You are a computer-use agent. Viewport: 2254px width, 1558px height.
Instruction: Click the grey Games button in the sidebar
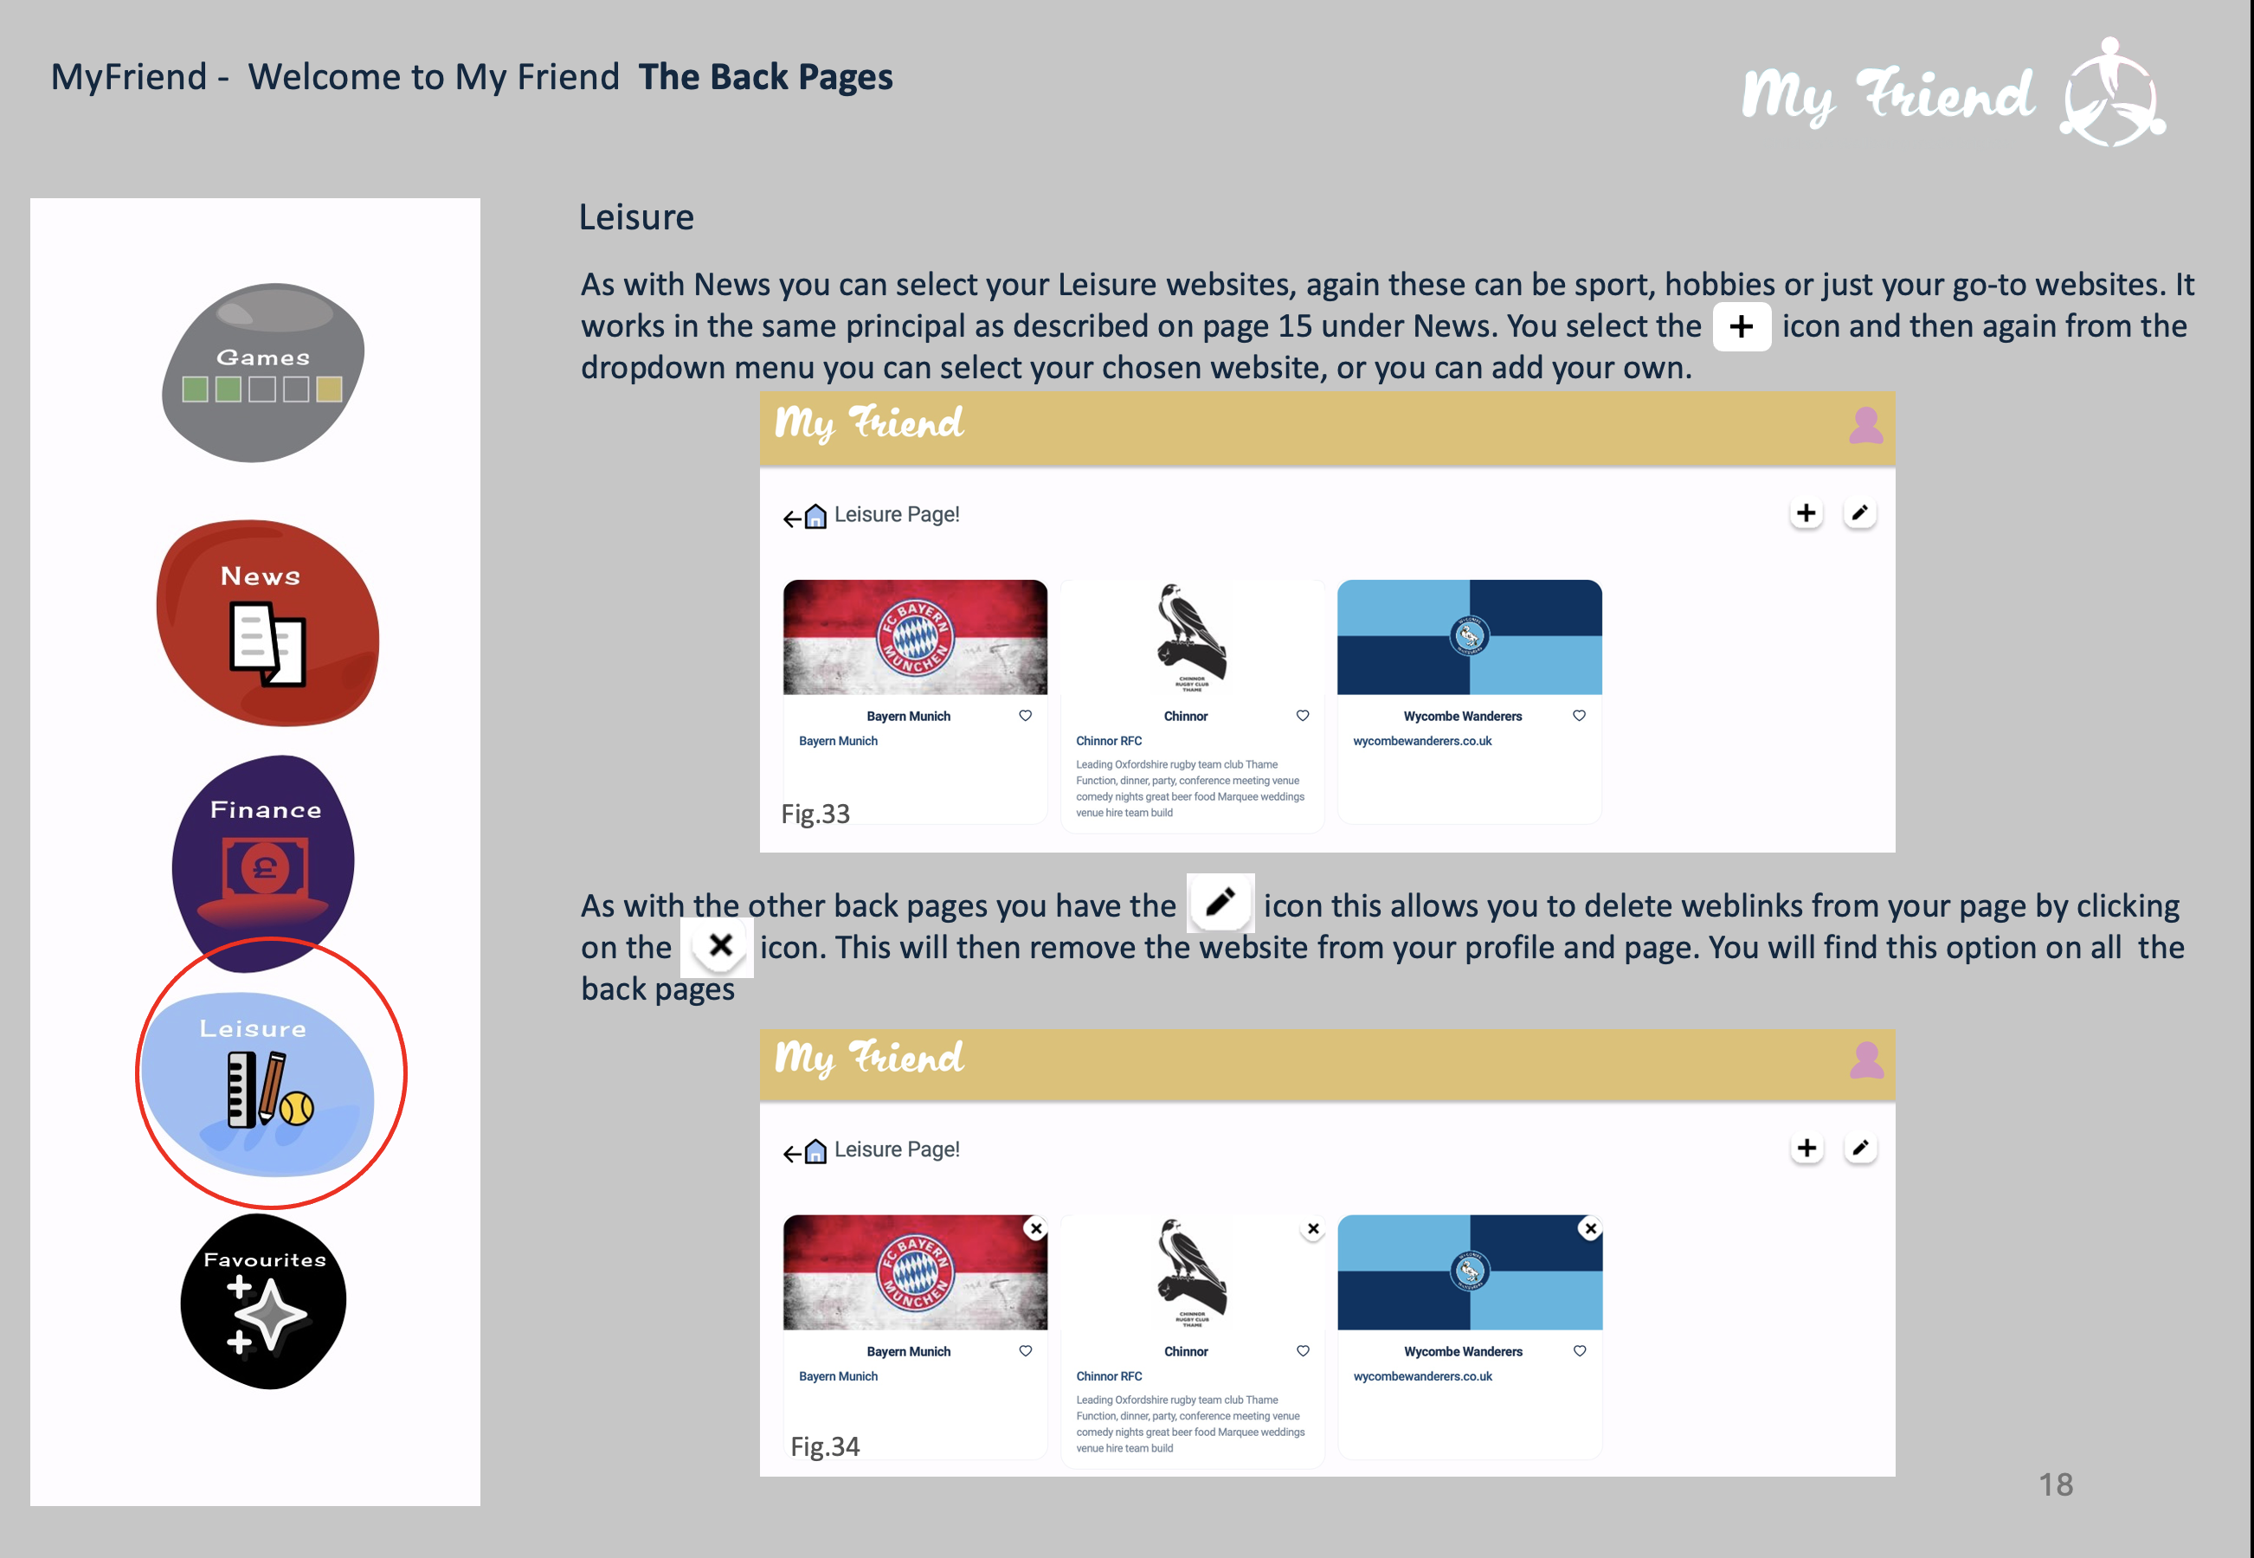[x=262, y=373]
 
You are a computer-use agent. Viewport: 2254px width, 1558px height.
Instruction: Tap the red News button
[x=267, y=623]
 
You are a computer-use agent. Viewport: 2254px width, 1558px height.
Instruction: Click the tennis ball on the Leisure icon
[x=297, y=1108]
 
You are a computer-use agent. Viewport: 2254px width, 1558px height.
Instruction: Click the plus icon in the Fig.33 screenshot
[x=1806, y=513]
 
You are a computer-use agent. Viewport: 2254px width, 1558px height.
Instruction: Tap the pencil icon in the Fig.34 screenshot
[x=1861, y=1148]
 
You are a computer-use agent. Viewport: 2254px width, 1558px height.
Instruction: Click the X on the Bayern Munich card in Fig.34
[x=1037, y=1229]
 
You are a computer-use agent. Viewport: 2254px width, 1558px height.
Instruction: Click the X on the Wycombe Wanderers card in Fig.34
[x=1591, y=1229]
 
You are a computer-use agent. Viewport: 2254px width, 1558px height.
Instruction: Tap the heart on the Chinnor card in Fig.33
[x=1302, y=716]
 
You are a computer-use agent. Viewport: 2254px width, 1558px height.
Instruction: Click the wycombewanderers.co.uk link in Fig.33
[x=1422, y=741]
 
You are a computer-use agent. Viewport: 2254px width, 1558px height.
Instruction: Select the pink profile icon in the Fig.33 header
[x=1865, y=426]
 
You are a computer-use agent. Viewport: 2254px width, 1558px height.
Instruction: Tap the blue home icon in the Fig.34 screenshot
[x=815, y=1151]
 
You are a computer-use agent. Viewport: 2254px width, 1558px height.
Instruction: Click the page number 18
[x=2055, y=1484]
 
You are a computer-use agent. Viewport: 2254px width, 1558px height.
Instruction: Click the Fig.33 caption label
[x=815, y=814]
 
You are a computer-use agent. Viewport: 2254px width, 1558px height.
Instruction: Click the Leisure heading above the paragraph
[x=636, y=216]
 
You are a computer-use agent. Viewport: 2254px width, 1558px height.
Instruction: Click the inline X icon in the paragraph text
[x=720, y=946]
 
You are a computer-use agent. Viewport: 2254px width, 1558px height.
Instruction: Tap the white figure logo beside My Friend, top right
[x=2112, y=93]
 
